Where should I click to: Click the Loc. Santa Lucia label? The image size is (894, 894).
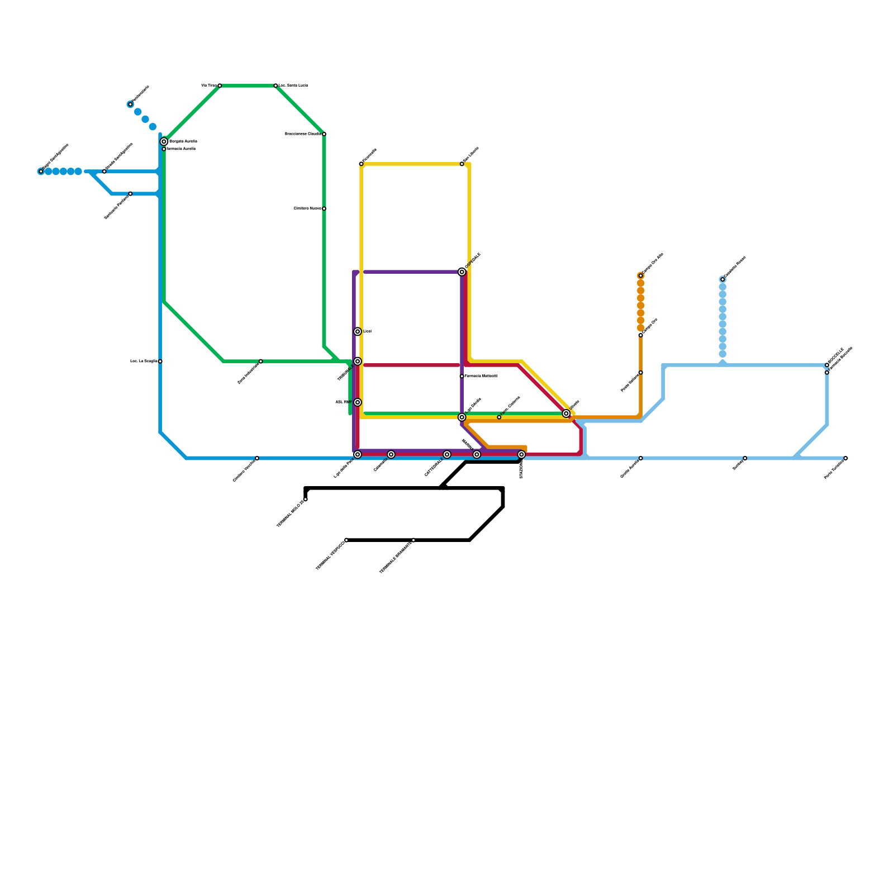(293, 85)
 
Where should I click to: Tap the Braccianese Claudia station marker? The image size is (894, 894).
(324, 134)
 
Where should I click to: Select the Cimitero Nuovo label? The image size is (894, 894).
(307, 208)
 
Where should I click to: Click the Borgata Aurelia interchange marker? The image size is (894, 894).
(164, 141)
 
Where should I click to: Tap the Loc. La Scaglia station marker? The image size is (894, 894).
(160, 362)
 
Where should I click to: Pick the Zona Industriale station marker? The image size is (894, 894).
(261, 362)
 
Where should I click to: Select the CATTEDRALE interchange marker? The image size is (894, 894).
(447, 454)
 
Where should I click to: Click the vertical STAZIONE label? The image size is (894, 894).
(521, 468)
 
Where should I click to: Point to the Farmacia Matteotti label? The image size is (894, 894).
(481, 376)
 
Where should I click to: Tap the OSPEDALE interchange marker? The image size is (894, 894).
(462, 272)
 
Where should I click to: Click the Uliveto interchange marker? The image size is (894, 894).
(566, 413)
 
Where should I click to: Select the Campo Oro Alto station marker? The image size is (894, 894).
(641, 275)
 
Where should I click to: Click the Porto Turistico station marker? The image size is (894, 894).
(846, 458)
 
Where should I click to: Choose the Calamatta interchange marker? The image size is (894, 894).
(391, 454)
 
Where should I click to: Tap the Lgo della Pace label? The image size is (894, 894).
(343, 469)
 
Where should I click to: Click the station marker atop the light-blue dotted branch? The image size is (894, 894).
(722, 279)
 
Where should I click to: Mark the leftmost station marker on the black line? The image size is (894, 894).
(306, 499)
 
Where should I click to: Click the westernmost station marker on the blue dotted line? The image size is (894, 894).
(41, 172)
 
